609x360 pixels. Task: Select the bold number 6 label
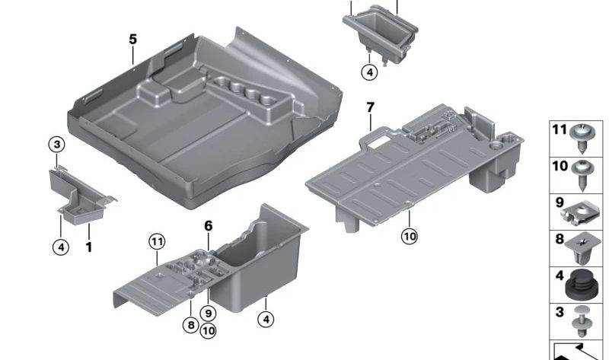pyautogui.click(x=208, y=225)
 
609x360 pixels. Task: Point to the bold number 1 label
pyautogui.click(x=88, y=247)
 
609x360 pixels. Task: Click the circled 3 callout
pyautogui.click(x=57, y=143)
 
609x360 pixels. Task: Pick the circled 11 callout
pyautogui.click(x=156, y=242)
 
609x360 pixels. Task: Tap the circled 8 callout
pyautogui.click(x=190, y=324)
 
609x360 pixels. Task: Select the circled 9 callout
pyautogui.click(x=207, y=312)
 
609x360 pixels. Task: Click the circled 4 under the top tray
pyautogui.click(x=368, y=73)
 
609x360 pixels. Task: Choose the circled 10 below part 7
pyautogui.click(x=410, y=237)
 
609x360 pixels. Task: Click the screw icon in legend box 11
pyautogui.click(x=582, y=138)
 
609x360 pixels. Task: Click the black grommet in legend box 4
pyautogui.click(x=582, y=285)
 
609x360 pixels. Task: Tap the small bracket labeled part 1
pyautogui.click(x=81, y=194)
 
